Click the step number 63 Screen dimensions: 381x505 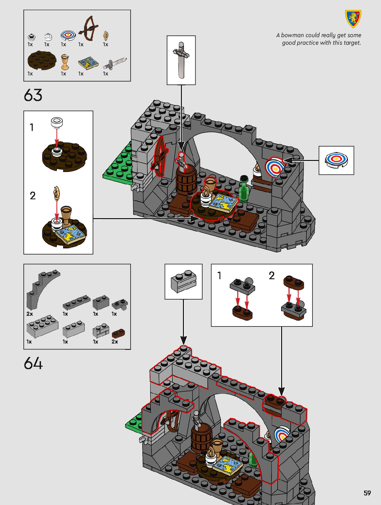[x=33, y=95]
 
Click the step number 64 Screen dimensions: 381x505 [x=33, y=364]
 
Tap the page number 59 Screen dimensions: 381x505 [x=367, y=493]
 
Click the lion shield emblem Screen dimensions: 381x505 [x=353, y=19]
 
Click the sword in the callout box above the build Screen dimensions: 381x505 [x=181, y=60]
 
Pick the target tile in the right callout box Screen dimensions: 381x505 [x=336, y=160]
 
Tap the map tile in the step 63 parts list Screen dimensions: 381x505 [x=88, y=63]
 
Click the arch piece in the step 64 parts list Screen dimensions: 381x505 [x=40, y=289]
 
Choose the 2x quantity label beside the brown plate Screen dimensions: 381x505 [x=115, y=342]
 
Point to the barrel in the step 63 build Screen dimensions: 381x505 [x=186, y=179]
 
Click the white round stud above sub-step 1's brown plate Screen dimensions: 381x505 [x=57, y=121]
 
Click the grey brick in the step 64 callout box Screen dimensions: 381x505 [x=184, y=281]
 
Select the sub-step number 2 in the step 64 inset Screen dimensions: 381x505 [x=272, y=276]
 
